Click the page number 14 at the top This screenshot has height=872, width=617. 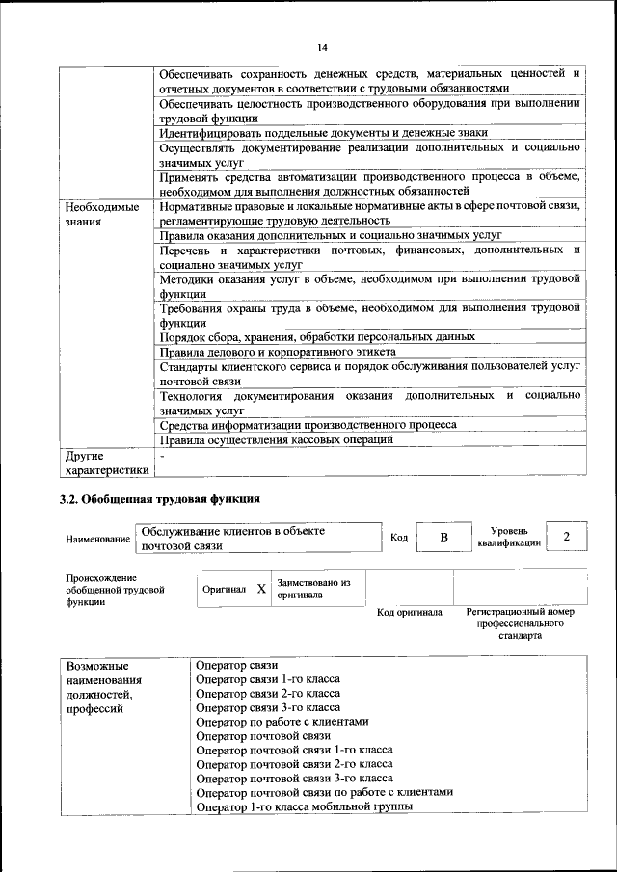(x=322, y=47)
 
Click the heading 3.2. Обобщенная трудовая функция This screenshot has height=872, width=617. (x=159, y=499)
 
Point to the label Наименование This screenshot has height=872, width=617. (x=97, y=539)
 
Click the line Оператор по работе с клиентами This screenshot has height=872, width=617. (x=282, y=721)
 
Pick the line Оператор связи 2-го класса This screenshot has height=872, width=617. (x=267, y=693)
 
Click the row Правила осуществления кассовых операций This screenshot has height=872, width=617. (x=277, y=439)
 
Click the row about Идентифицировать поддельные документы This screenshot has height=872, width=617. (x=324, y=132)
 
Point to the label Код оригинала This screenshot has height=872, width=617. (x=409, y=612)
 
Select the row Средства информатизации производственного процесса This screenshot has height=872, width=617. (x=308, y=424)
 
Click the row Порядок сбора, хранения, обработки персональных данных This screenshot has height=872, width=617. (x=317, y=337)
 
